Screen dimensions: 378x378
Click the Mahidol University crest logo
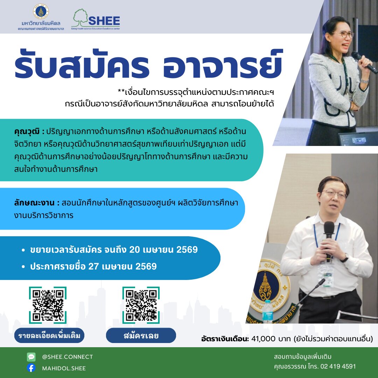(x=41, y=11)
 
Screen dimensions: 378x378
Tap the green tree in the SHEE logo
(x=80, y=17)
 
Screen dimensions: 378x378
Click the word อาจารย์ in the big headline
(x=222, y=64)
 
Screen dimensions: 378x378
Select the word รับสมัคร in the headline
(x=82, y=64)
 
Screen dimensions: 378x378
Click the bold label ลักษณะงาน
(x=34, y=203)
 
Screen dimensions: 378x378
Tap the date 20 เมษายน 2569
(x=163, y=250)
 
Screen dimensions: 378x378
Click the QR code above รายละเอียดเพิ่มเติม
(x=48, y=305)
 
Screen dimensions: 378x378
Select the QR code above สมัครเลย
(x=141, y=305)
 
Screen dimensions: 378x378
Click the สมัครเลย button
(x=141, y=335)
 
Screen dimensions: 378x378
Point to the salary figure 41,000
(x=263, y=339)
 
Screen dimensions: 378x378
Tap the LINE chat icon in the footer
(x=31, y=357)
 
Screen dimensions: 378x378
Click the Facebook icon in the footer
(x=31, y=368)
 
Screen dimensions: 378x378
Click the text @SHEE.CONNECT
(x=68, y=357)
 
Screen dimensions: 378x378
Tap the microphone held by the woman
(x=364, y=62)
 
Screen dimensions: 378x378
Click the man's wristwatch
(x=345, y=258)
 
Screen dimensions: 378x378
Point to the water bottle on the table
(x=268, y=311)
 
